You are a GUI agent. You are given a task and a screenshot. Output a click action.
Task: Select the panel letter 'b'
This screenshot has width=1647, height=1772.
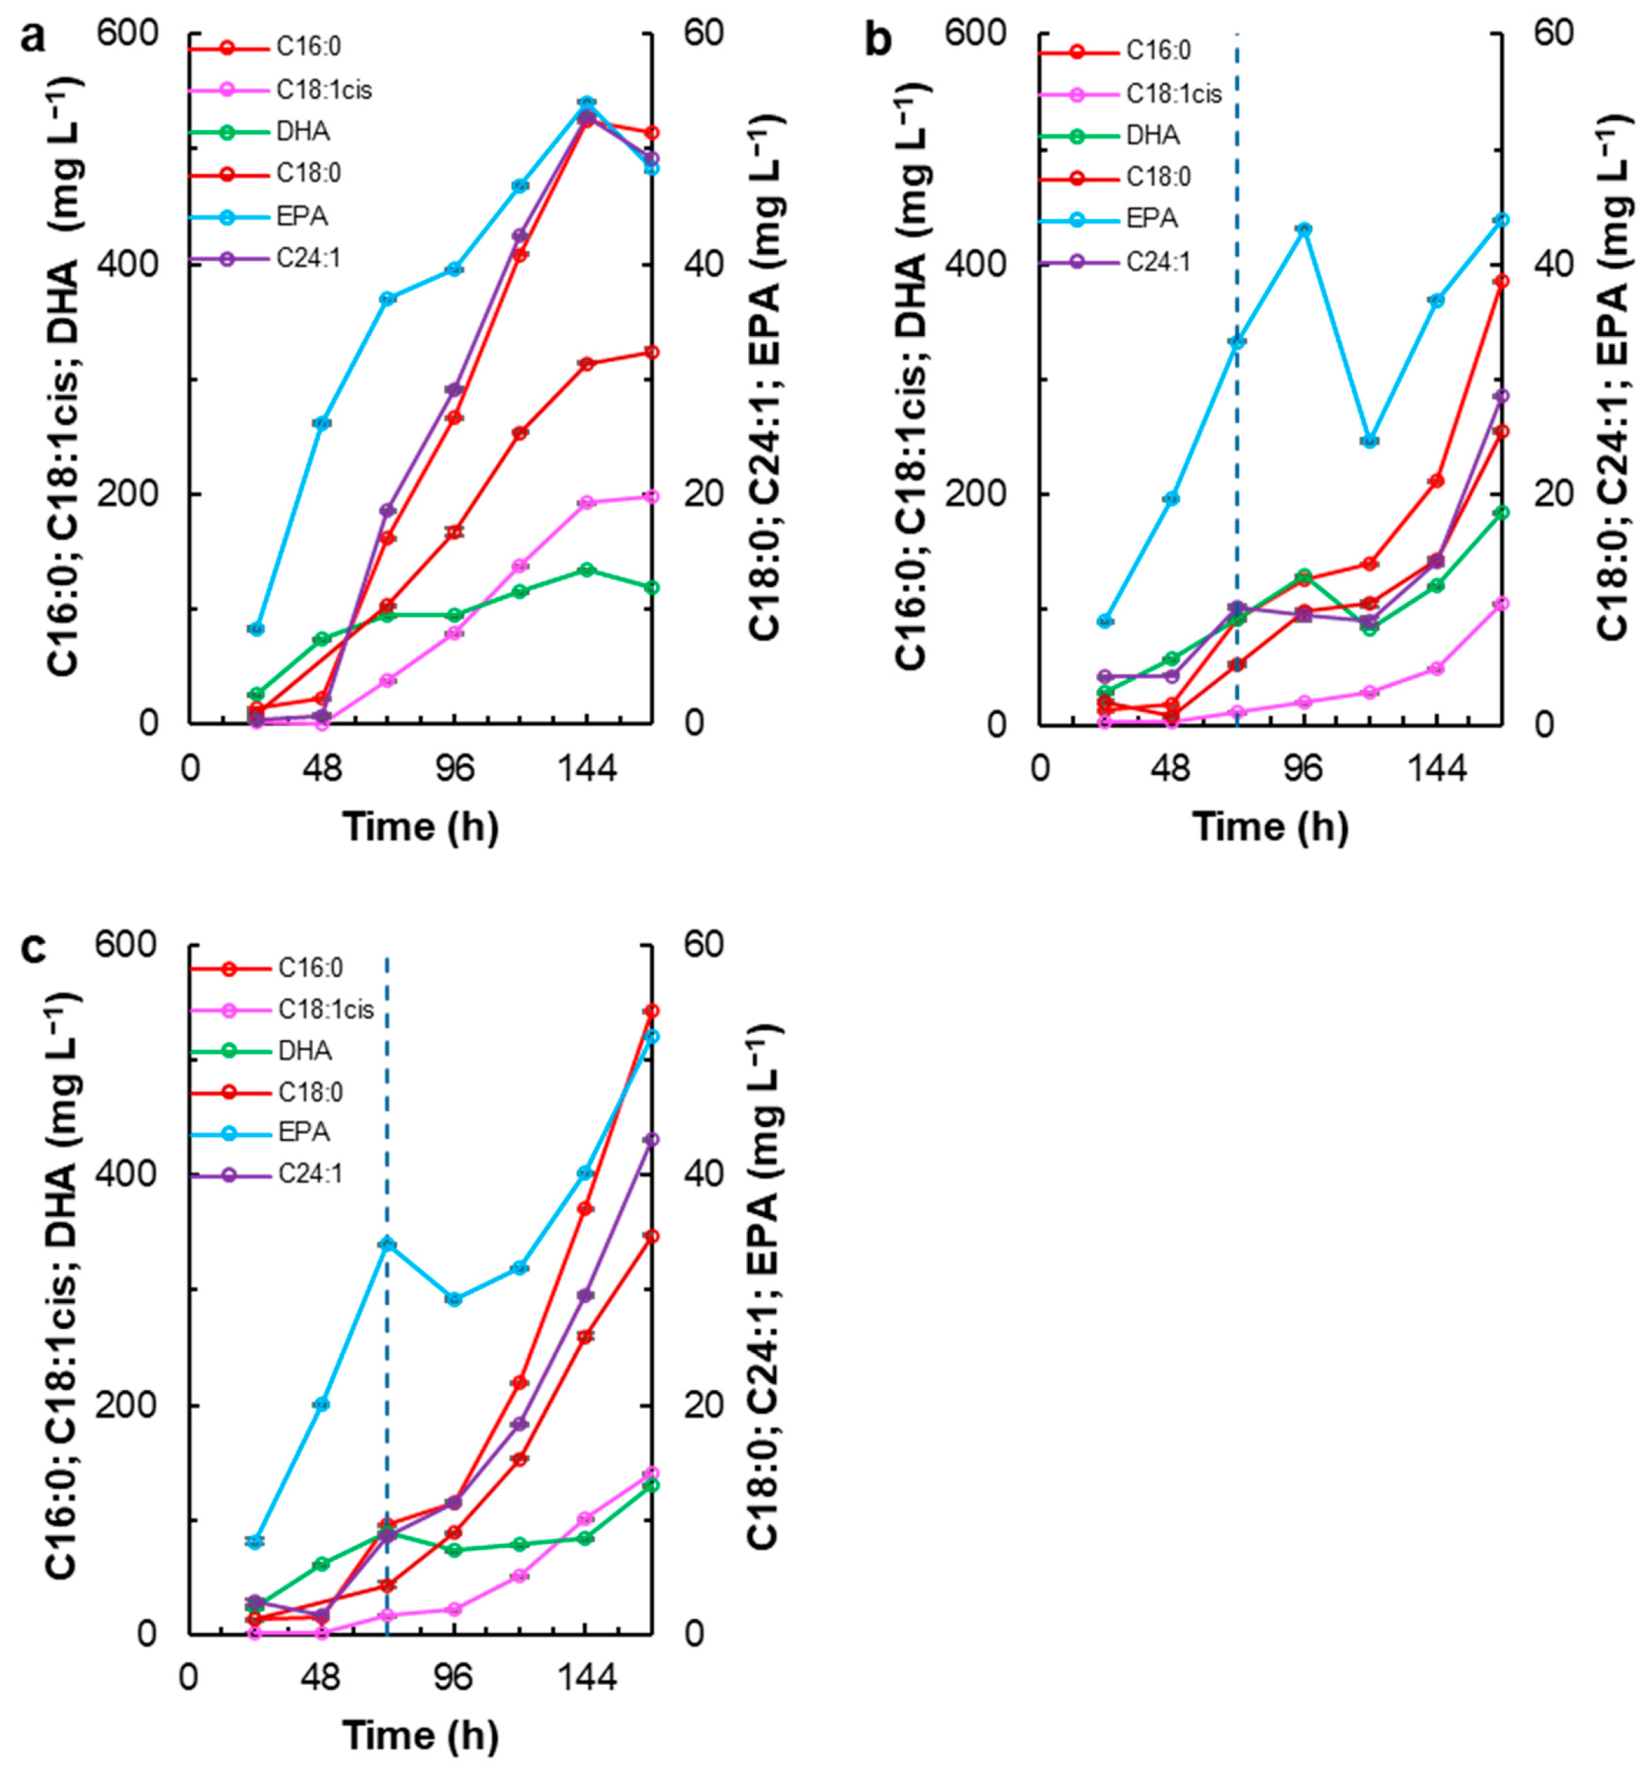coord(879,40)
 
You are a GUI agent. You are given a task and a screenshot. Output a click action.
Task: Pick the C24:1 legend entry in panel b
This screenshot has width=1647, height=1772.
coord(1158,262)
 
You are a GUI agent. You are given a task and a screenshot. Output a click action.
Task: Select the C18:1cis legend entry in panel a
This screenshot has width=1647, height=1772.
coord(324,90)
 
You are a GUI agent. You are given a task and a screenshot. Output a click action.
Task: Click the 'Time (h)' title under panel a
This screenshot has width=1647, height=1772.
coord(421,826)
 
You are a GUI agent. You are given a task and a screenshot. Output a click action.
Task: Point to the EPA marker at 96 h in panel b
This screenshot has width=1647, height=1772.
coord(1304,230)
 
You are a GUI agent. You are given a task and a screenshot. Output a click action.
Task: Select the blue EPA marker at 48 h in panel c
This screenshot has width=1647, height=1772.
coord(321,1404)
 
